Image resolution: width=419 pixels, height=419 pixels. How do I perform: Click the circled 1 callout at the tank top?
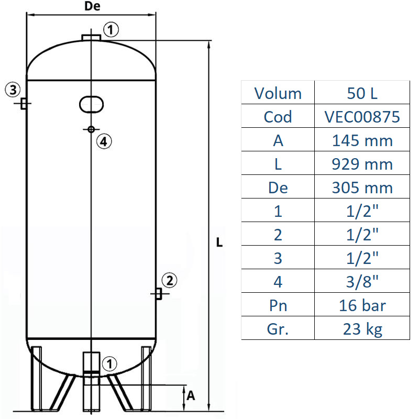111,29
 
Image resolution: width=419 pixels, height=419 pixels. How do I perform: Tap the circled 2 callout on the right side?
169,281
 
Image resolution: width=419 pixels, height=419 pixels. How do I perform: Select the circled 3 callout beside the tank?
14,89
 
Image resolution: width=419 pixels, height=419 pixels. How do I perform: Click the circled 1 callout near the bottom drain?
109,362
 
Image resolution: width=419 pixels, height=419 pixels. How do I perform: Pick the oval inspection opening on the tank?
91,104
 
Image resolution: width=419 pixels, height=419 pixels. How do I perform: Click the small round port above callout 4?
91,129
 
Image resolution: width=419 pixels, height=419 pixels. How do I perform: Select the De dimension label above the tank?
92,6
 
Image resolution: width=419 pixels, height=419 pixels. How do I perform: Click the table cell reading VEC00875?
362,117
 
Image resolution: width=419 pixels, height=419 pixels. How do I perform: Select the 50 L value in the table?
362,93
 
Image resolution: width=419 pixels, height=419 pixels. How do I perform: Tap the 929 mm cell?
362,164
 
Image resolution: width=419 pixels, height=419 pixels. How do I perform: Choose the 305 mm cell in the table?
362,188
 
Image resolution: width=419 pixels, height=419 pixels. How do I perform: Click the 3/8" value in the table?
362,281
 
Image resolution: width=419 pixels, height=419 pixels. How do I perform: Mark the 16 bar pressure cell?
362,305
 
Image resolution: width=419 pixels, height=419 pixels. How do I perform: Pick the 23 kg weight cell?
362,328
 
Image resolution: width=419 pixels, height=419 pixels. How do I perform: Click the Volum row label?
278,93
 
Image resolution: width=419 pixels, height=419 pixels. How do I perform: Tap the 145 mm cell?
362,140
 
